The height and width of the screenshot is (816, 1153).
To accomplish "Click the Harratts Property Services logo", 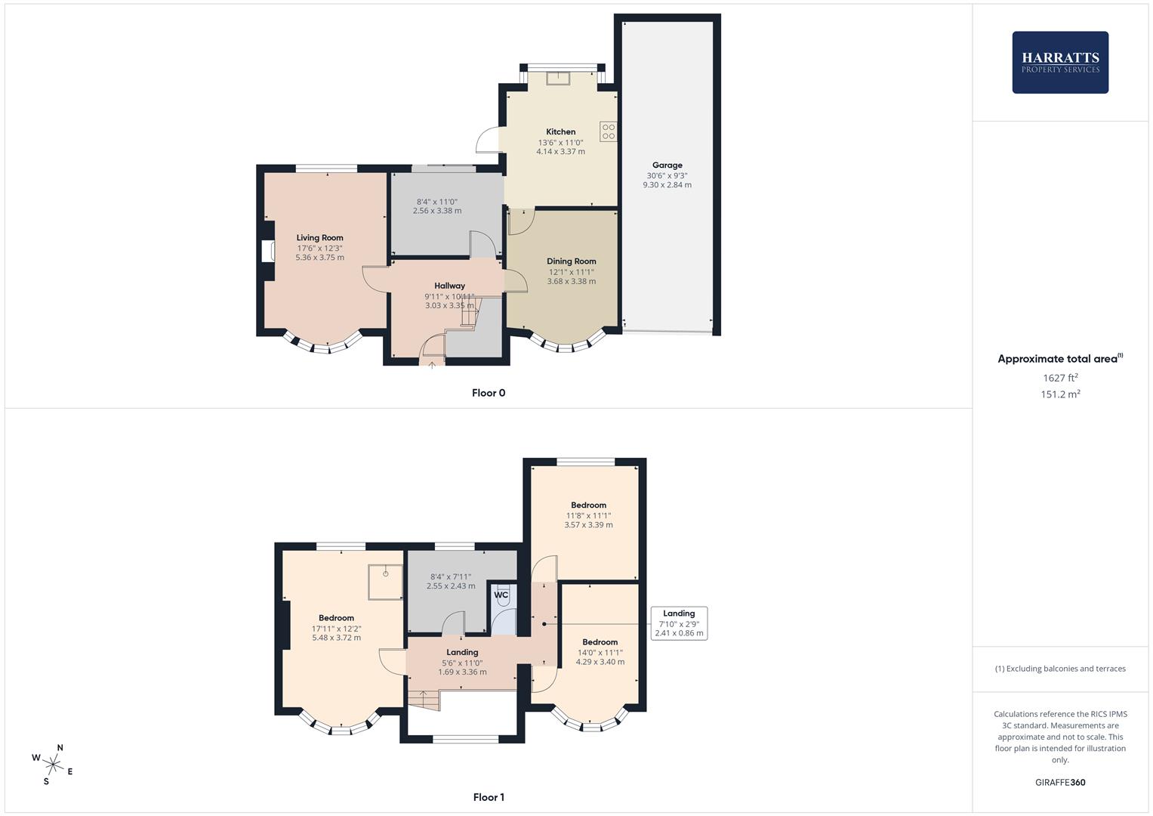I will (1059, 62).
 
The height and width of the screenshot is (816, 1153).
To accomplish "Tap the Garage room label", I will (667, 165).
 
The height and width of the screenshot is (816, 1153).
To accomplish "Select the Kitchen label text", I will (560, 131).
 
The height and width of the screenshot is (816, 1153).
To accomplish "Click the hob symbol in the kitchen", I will (609, 131).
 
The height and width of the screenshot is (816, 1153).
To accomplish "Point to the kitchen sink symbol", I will (558, 78).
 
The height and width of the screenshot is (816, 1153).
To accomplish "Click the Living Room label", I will (319, 237).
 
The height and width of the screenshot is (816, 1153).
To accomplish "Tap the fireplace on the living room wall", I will (267, 251).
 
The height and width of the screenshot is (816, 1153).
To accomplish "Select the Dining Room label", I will (571, 261).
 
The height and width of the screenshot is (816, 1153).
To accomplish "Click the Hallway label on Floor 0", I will (449, 286).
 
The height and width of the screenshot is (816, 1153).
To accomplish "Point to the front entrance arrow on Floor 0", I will (432, 366).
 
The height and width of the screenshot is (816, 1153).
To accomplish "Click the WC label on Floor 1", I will (501, 595).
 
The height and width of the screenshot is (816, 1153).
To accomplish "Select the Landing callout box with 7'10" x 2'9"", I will (679, 623).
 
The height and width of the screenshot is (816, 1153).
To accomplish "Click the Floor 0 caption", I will (488, 393).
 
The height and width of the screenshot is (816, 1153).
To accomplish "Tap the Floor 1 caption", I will (489, 797).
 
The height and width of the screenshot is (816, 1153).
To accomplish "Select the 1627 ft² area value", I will (1059, 378).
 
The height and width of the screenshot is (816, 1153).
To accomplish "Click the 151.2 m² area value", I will (1059, 394).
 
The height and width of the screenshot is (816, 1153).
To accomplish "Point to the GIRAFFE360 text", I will (1059, 783).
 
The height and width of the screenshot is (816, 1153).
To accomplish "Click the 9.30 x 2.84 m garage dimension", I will (667, 185).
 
